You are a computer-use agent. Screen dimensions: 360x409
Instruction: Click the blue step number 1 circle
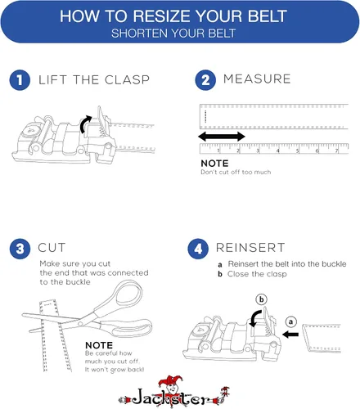click(20, 80)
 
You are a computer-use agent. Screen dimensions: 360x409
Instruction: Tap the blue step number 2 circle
click(205, 80)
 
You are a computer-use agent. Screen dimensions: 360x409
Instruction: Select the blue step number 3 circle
click(20, 249)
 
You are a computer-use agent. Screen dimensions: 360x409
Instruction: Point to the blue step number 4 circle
click(198, 249)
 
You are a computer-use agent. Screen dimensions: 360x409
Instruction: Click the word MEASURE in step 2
click(257, 79)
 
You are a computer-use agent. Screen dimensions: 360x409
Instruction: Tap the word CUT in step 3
click(52, 248)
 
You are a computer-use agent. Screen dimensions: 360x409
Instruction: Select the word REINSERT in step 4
click(250, 248)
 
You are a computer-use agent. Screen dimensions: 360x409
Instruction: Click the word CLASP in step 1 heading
click(127, 80)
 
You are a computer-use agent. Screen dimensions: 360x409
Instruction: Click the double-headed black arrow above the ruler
click(222, 137)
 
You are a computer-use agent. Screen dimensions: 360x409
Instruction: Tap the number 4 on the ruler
click(277, 151)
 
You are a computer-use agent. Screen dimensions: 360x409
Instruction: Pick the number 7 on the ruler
click(337, 151)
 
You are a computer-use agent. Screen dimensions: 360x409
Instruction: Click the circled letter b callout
click(261, 299)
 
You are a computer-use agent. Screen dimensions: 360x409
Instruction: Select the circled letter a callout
click(291, 321)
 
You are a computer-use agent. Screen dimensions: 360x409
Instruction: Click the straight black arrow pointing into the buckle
click(290, 335)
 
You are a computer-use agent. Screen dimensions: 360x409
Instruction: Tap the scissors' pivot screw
click(80, 324)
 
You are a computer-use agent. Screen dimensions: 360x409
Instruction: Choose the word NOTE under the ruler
click(214, 164)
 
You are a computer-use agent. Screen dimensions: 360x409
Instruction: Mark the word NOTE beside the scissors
click(99, 345)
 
